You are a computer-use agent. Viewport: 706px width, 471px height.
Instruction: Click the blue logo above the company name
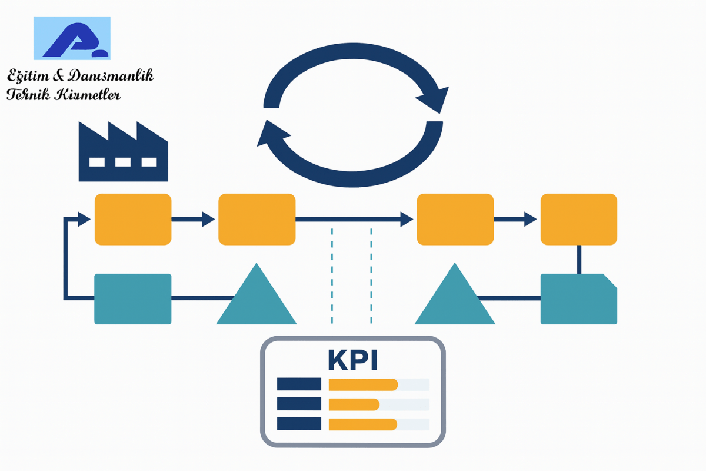[72, 38]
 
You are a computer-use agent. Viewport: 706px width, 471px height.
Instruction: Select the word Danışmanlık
[111, 76]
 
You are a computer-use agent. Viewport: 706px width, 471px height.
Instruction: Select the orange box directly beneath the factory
[133, 219]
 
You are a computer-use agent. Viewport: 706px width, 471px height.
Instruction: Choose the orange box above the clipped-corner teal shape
[578, 219]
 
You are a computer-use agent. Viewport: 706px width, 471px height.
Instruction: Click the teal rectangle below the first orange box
[133, 298]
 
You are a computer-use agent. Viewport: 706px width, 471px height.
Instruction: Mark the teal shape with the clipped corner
[578, 298]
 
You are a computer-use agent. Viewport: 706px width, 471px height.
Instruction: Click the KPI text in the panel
[353, 360]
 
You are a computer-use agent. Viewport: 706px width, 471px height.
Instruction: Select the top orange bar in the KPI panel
[363, 384]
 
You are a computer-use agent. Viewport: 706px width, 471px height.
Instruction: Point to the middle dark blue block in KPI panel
[299, 404]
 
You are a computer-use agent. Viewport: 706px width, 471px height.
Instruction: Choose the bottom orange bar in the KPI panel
[362, 424]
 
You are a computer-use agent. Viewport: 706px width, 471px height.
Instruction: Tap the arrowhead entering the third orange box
[407, 220]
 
